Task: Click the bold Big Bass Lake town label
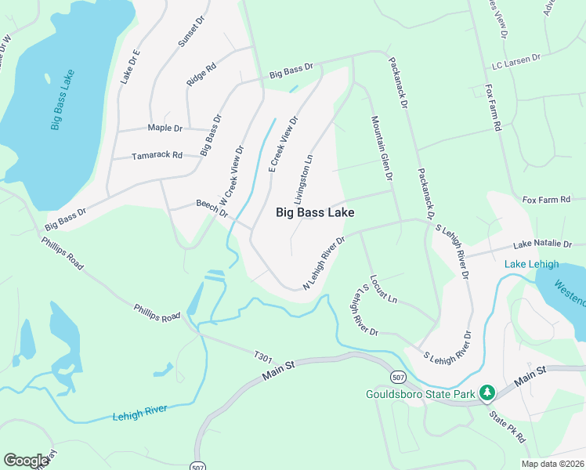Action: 315,212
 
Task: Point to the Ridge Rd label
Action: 201,74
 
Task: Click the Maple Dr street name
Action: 165,128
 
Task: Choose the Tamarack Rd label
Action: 157,155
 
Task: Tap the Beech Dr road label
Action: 212,208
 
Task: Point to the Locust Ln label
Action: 384,289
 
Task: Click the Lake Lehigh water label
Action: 526,263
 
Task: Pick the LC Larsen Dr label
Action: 516,59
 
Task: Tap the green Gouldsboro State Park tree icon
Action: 487,391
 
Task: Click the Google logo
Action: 27,460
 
